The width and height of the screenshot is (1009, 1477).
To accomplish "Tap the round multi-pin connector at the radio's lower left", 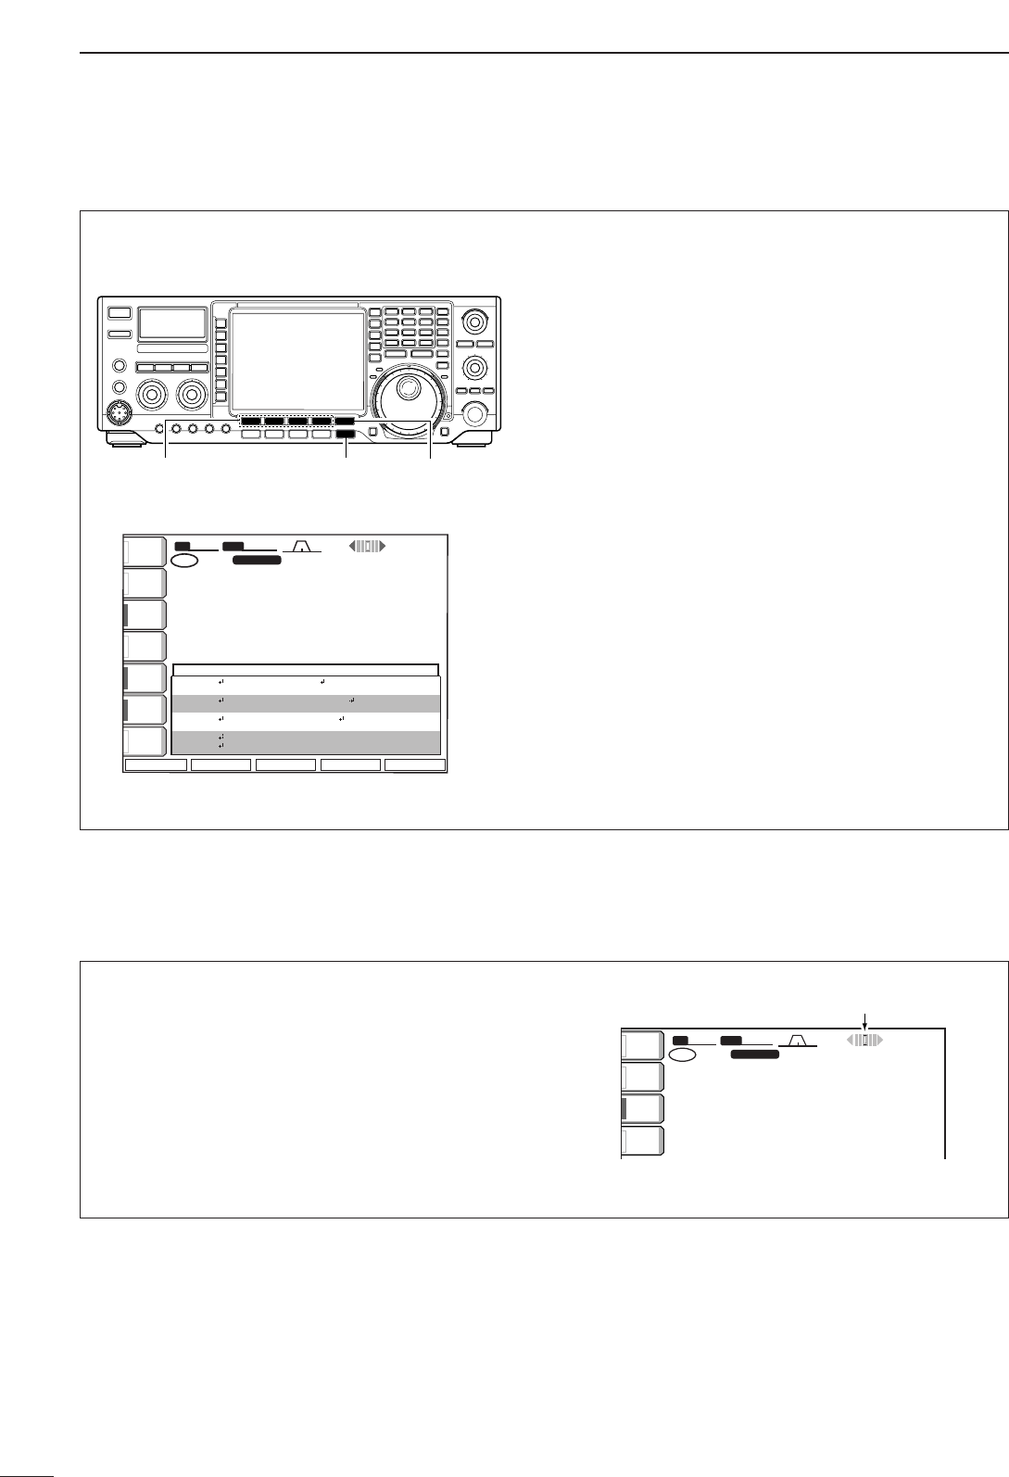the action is point(119,412).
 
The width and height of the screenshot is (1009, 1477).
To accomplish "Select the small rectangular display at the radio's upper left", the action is point(172,323).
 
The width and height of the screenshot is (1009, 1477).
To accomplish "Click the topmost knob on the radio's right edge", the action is point(474,322).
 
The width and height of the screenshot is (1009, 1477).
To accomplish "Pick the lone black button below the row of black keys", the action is point(346,434).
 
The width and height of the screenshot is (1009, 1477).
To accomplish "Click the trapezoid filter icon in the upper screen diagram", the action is point(301,547).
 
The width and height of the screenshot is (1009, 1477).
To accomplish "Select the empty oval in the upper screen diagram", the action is point(184,562).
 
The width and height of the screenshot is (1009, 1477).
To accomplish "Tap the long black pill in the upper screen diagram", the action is point(257,561).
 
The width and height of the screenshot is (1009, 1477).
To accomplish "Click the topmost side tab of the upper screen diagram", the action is point(145,551).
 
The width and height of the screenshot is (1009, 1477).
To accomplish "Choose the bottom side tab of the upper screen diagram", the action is point(145,742).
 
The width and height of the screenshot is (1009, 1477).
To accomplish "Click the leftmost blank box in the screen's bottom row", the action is point(156,765).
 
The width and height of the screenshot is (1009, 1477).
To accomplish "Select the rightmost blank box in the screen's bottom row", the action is point(415,765).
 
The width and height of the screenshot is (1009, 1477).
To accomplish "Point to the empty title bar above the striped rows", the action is point(306,670).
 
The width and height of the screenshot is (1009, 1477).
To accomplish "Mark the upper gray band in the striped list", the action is point(306,702).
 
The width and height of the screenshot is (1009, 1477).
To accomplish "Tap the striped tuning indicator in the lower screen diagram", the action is point(865,1041).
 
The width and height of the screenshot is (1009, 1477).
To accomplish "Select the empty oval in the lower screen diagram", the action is point(683,1055).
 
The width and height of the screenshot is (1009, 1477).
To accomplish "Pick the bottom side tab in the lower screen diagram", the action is point(642,1142).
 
